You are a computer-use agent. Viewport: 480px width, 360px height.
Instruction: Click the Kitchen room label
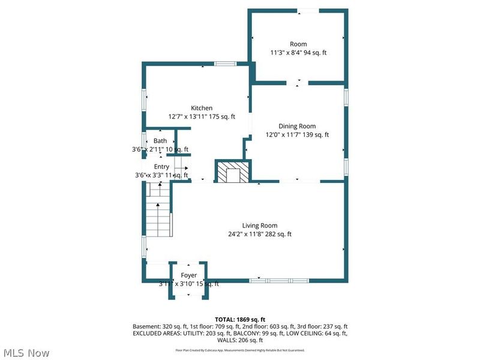click(x=202, y=108)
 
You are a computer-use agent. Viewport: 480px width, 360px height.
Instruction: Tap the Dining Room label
click(x=297, y=126)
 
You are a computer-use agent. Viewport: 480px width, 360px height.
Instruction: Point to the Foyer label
click(x=189, y=275)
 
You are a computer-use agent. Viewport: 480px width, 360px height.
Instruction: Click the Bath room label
click(x=160, y=141)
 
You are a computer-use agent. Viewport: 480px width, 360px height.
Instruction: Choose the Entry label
click(x=161, y=167)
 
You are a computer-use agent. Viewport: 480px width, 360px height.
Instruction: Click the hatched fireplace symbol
click(x=232, y=172)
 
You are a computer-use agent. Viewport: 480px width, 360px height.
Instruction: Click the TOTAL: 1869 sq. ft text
click(x=240, y=319)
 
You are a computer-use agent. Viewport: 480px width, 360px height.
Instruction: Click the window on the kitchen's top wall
click(x=226, y=64)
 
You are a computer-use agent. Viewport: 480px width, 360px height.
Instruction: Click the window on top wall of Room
click(x=309, y=10)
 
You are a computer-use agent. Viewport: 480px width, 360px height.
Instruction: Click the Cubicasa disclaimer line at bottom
click(x=240, y=350)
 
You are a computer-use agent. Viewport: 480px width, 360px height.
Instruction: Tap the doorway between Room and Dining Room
click(x=298, y=82)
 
